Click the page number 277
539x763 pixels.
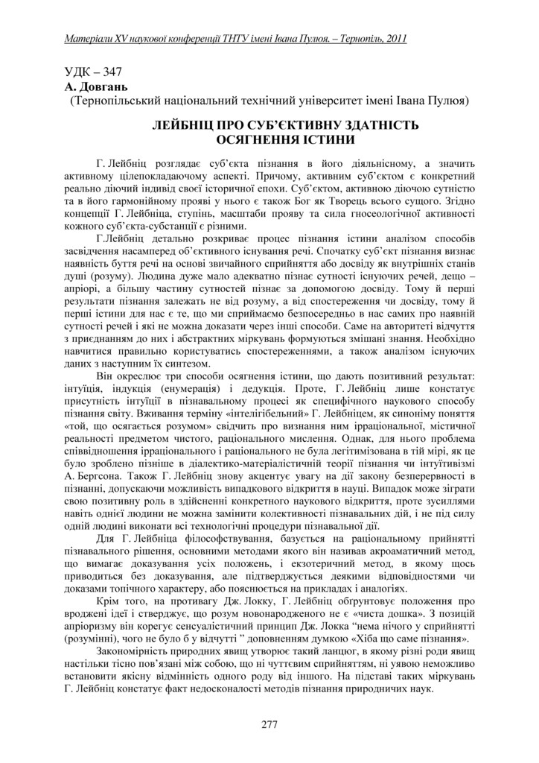pos(269,725)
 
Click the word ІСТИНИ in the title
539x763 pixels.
pos(326,139)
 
